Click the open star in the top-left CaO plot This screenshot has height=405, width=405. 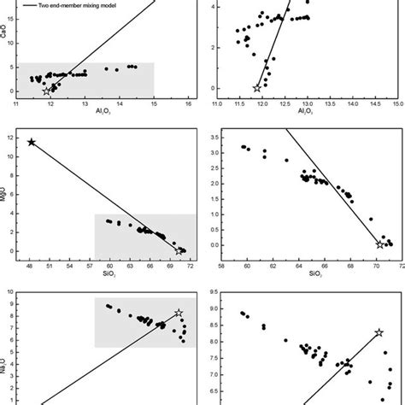pyautogui.click(x=46, y=91)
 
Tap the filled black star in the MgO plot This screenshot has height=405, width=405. pyautogui.click(x=32, y=142)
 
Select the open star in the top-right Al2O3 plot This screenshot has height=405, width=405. pyautogui.click(x=257, y=87)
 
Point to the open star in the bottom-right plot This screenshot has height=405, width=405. pyautogui.click(x=379, y=332)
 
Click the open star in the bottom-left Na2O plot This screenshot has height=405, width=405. pyautogui.click(x=179, y=314)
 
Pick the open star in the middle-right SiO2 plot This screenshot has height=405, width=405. pyautogui.click(x=379, y=244)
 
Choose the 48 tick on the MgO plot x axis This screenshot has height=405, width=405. pyautogui.click(x=29, y=266)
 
